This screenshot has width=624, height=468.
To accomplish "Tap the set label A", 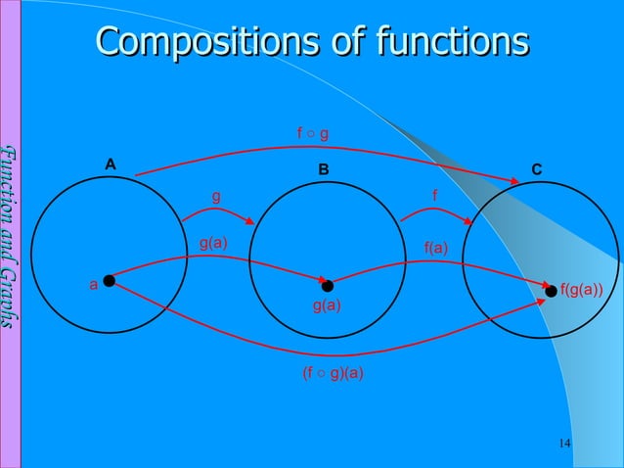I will [111, 164].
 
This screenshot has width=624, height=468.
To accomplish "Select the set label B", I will [323, 169].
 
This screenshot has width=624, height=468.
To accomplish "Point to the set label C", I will [536, 169].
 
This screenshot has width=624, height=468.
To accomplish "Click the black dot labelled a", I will [110, 281].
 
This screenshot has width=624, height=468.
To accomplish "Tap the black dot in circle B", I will [328, 286].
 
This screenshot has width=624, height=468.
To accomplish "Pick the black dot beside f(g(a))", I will [552, 291].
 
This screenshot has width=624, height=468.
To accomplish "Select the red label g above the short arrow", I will [216, 196].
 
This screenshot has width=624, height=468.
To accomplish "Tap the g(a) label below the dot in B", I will [327, 306].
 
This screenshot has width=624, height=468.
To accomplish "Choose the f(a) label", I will [435, 248].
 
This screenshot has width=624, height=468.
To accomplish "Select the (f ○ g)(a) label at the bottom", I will [333, 372].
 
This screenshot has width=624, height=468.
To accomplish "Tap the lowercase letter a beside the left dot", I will [93, 285].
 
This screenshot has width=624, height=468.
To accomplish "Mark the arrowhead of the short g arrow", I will [251, 222].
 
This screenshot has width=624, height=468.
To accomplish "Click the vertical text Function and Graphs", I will [11, 235].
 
